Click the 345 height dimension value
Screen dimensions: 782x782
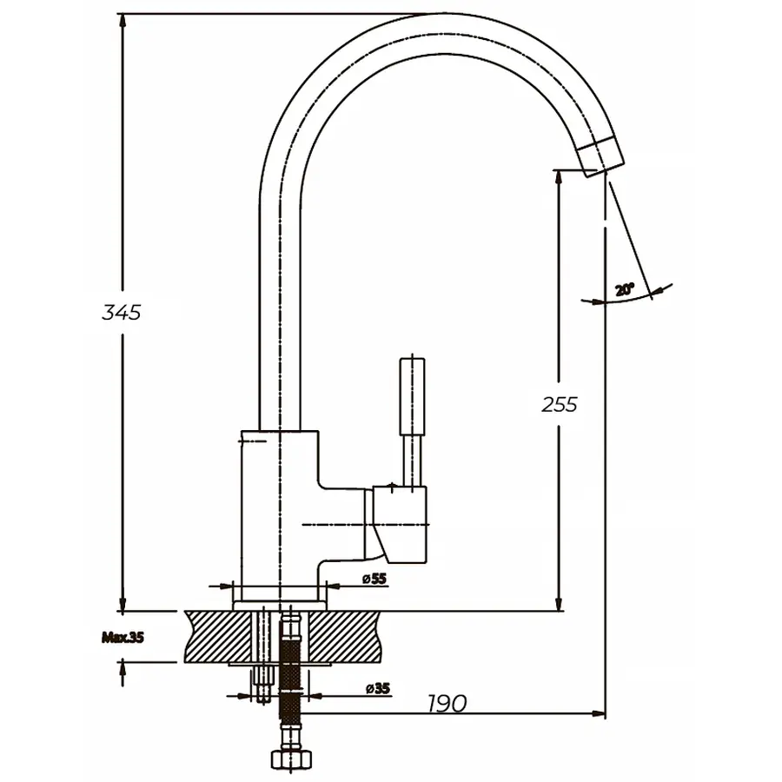[x=121, y=312]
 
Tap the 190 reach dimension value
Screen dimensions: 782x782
[x=447, y=703]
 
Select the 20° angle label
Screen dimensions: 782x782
[x=624, y=290]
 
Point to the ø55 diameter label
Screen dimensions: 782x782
[x=374, y=579]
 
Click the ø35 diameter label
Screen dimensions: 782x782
[x=377, y=688]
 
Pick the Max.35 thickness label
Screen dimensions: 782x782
[x=122, y=637]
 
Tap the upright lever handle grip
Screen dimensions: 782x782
[x=412, y=395]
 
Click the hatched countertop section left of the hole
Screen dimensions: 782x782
[x=217, y=634]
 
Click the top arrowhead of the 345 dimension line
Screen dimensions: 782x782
[x=123, y=21]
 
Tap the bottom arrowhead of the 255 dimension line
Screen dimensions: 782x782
[x=559, y=603]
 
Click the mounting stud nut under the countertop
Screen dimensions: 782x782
[x=261, y=686]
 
